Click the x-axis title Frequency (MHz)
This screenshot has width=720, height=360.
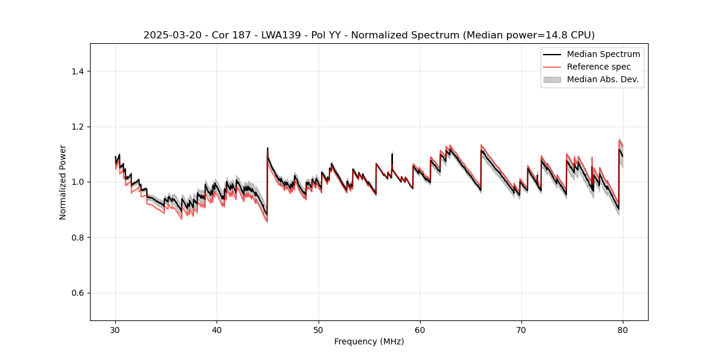(x=369, y=341)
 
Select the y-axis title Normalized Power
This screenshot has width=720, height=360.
(x=63, y=182)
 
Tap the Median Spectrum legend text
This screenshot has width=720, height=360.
(x=603, y=54)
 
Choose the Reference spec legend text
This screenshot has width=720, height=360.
(x=599, y=67)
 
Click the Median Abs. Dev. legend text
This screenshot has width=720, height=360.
(x=602, y=79)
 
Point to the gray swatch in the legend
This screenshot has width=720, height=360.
(x=552, y=79)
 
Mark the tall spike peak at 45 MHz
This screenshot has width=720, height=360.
(x=268, y=148)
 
